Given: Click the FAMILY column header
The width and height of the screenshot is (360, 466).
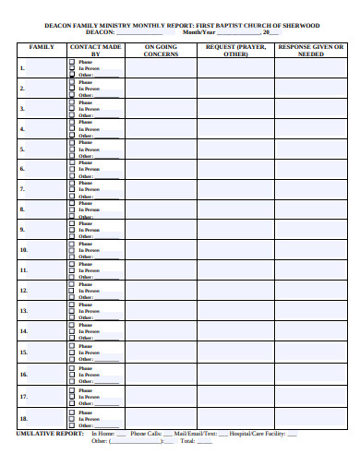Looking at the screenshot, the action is pyautogui.click(x=42, y=45).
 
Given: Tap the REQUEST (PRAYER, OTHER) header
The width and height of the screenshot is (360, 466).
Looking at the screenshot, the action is pyautogui.click(x=235, y=50).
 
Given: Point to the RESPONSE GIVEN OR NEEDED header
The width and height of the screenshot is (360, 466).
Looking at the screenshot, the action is pyautogui.click(x=310, y=50).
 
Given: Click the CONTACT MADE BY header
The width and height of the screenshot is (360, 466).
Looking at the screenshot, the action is pyautogui.click(x=95, y=50).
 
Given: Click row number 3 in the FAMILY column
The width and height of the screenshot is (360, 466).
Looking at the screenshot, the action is pyautogui.click(x=22, y=109).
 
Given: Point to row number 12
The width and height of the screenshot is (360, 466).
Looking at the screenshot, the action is pyautogui.click(x=24, y=291).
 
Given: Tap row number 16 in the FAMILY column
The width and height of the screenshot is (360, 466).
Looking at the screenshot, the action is pyautogui.click(x=24, y=375).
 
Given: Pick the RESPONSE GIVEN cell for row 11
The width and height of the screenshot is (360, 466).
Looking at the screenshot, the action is pyautogui.click(x=310, y=270).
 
